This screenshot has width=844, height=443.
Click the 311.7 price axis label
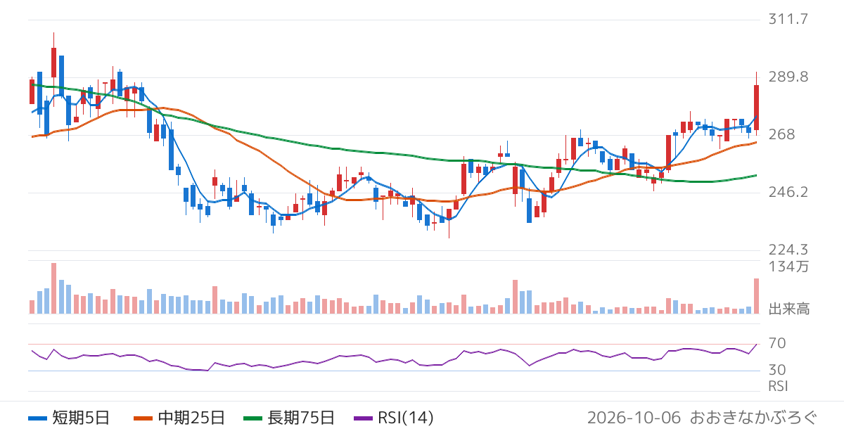point(788,19)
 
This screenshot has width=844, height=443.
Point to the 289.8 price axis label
point(788,77)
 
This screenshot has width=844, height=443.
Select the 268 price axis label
point(782,134)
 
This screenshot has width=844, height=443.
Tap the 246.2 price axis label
point(788,192)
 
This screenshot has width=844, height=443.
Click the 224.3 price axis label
point(788,250)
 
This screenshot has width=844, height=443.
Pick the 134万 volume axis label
point(788,267)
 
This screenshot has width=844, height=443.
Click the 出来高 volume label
point(789,309)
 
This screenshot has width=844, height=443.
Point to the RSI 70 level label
point(777,343)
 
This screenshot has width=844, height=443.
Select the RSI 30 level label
point(777,370)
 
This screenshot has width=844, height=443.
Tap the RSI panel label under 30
point(778,386)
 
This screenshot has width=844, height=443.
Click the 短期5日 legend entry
point(69,418)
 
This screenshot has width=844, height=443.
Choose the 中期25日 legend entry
point(179,418)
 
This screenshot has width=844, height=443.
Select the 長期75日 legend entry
point(289,418)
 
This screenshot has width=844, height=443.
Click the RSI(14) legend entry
point(394,418)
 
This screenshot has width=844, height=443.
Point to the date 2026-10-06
point(634,418)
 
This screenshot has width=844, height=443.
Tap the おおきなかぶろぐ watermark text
point(753,418)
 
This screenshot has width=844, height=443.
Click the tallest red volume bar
point(54,288)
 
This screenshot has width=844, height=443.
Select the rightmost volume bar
point(756,296)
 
